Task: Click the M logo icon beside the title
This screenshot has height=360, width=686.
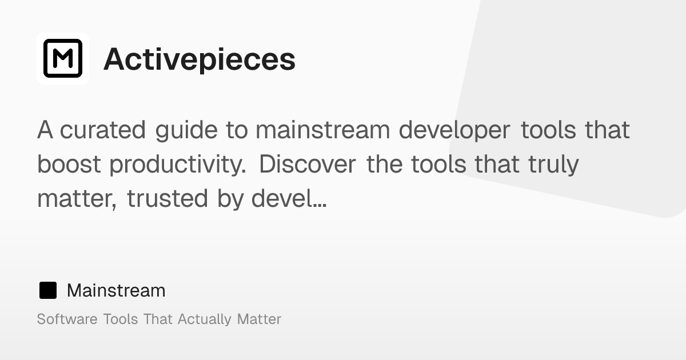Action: point(63,58)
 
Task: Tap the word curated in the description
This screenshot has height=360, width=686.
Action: point(103,130)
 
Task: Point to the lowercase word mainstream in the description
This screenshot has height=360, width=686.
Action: point(322,130)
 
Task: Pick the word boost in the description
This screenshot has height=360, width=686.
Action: point(70,165)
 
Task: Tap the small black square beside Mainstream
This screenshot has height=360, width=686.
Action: point(48,291)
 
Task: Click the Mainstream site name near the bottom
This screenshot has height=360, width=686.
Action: point(116,291)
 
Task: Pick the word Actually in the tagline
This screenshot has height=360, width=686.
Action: point(205,319)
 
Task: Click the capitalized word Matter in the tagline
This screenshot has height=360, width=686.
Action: point(259,319)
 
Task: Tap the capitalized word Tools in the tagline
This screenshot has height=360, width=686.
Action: point(120,319)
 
